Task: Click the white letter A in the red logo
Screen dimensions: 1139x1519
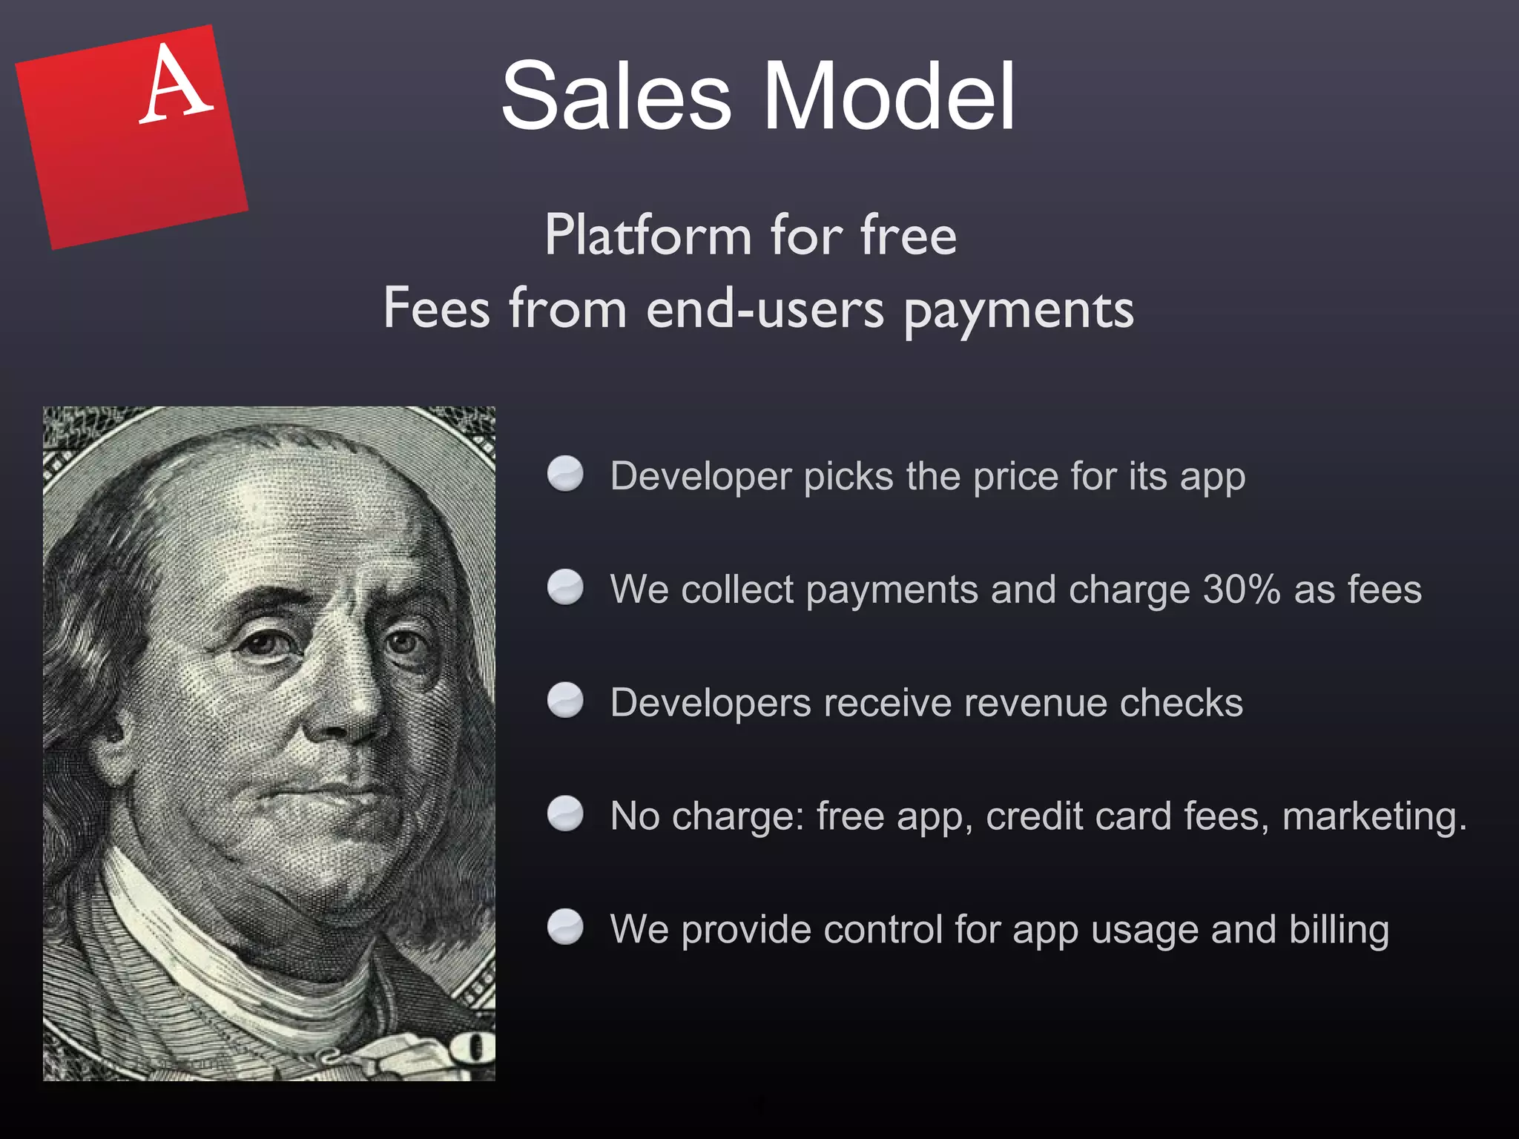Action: [175, 84]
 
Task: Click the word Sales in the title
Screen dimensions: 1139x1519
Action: [616, 96]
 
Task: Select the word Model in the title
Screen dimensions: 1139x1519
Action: [889, 96]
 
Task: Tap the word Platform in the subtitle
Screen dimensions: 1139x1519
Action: [648, 235]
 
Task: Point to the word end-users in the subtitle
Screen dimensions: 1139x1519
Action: [765, 308]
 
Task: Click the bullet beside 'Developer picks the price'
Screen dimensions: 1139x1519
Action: [565, 474]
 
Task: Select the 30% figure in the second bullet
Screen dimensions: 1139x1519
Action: [1241, 590]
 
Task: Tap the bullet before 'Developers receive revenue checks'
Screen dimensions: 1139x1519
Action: [565, 701]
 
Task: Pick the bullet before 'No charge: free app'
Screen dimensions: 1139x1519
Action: [565, 814]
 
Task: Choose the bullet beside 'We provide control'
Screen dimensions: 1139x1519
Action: [565, 927]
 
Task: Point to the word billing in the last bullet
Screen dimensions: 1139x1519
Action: [1339, 930]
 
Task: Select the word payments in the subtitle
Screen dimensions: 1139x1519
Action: [1018, 310]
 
